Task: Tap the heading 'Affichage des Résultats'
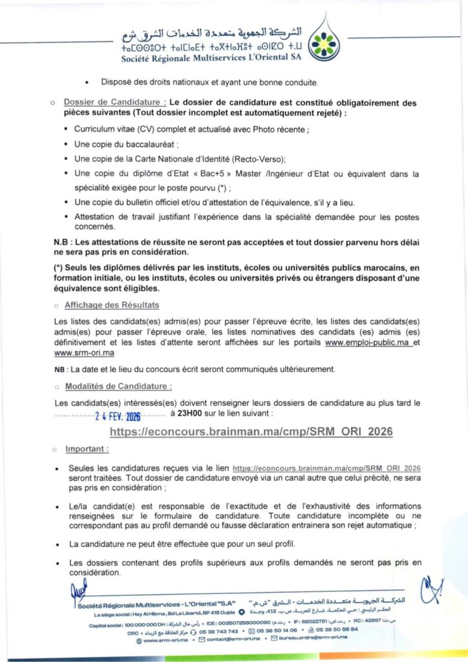pos(112,304)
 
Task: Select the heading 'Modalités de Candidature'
pos(118,387)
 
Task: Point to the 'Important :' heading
pos(87,448)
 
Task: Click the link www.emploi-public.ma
pos(368,343)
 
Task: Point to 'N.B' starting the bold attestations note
pos(61,242)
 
